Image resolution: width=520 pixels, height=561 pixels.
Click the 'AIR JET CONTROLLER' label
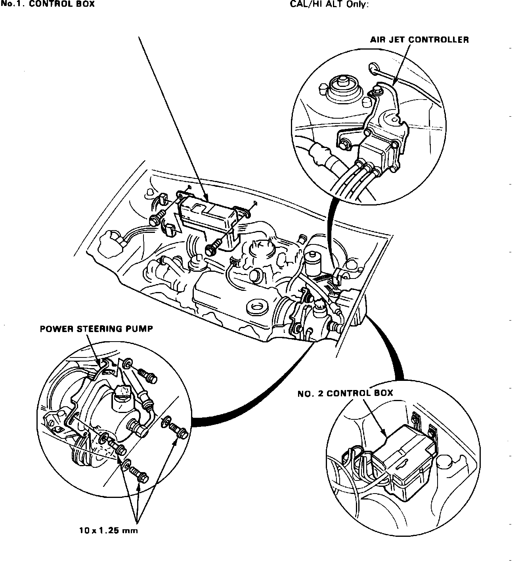tap(419, 40)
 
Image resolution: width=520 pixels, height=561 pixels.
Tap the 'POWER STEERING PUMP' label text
tap(96, 329)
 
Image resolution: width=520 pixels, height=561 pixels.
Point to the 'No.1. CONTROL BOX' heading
tap(48, 5)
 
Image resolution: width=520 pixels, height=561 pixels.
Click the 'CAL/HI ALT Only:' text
tap(332, 5)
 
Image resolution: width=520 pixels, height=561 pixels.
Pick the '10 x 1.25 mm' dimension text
tap(108, 530)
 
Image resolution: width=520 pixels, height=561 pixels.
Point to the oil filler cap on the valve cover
tap(256, 307)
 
